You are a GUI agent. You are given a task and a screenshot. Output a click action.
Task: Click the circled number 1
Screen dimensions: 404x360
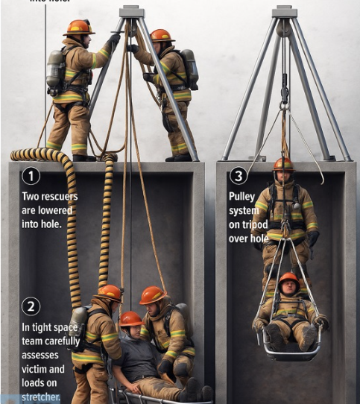[x=31, y=177]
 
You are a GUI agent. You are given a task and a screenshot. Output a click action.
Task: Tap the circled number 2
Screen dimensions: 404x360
[x=31, y=306]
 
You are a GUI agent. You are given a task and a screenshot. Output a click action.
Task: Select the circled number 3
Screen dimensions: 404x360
[x=238, y=177]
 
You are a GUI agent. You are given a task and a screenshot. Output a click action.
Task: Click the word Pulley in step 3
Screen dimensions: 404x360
[x=242, y=198]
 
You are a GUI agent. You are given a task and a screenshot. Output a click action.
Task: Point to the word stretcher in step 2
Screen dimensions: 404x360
[x=41, y=397]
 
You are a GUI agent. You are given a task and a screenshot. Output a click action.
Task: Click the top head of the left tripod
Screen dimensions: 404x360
[x=131, y=12]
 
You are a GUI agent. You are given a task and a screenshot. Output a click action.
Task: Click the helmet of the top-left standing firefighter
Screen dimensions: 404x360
[x=78, y=28]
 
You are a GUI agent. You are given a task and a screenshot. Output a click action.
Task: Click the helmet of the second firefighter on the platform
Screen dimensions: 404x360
[x=161, y=36]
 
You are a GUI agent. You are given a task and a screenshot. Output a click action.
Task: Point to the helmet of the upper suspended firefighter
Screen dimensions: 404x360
[x=283, y=164]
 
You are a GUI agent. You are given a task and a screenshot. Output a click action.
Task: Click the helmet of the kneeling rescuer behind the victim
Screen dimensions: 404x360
[x=152, y=295]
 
